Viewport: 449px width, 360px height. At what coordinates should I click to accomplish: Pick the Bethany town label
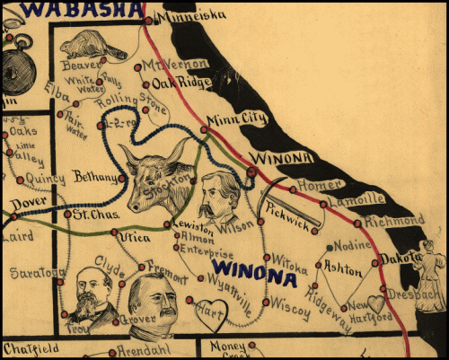[94, 176]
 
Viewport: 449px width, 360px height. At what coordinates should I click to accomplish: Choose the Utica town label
[133, 237]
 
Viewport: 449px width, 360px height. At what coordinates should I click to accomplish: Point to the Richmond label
[393, 220]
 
